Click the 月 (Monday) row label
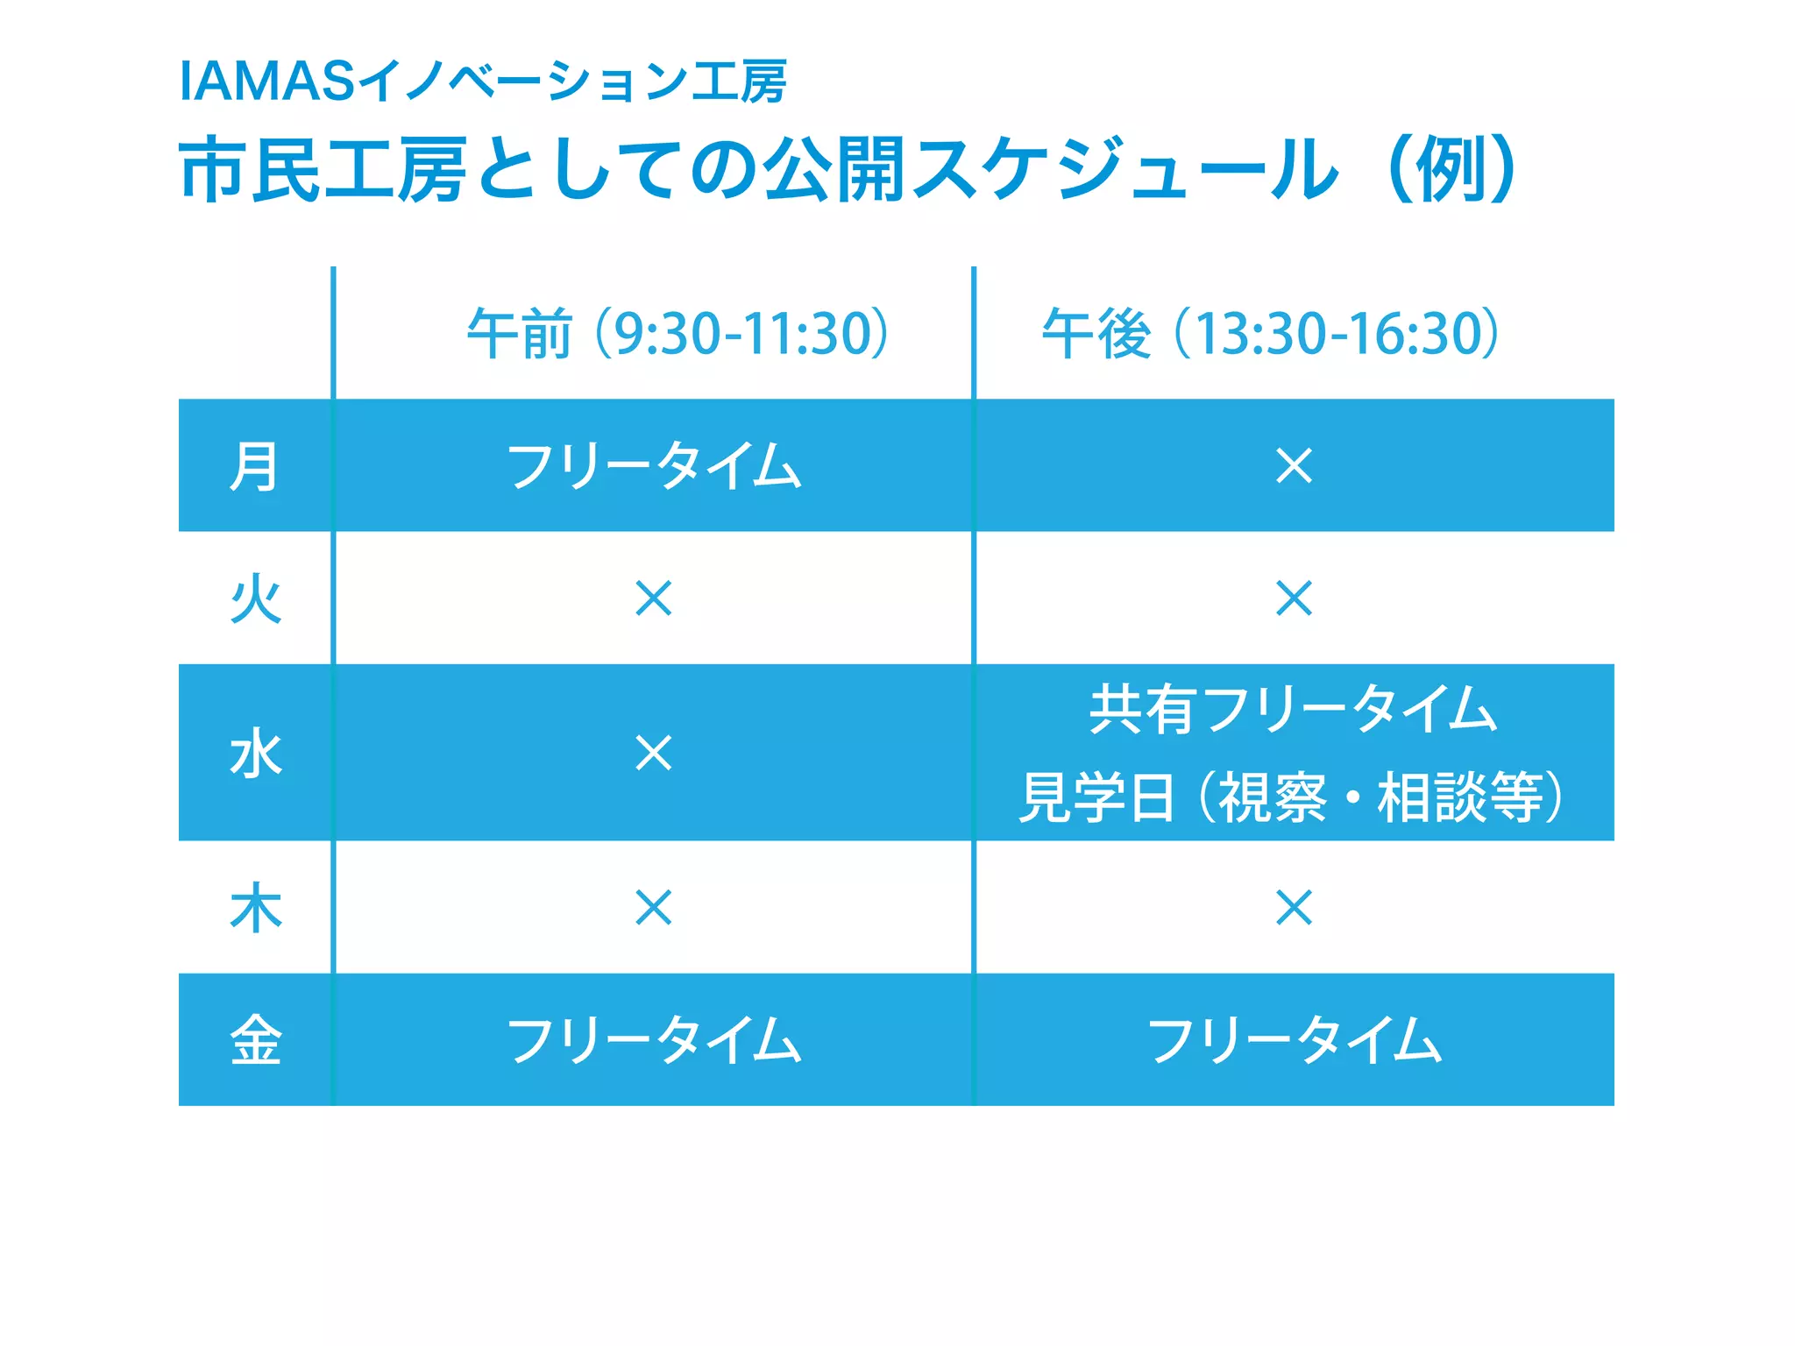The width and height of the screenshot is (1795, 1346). tap(254, 467)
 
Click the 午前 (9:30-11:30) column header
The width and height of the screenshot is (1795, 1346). tap(678, 334)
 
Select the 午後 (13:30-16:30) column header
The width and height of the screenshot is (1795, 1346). tap(1270, 334)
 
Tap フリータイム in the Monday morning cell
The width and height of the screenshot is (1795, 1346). tap(654, 466)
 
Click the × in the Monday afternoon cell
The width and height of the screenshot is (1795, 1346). tap(1294, 466)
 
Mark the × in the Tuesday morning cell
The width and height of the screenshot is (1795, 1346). tap(654, 599)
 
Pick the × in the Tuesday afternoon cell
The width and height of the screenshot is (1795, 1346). tap(1294, 599)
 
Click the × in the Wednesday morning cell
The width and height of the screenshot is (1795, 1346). tap(654, 754)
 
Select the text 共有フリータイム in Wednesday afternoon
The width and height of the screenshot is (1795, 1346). tap(1294, 710)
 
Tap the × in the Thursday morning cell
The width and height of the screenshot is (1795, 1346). tap(654, 908)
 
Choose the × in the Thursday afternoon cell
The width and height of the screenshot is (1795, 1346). tap(1294, 908)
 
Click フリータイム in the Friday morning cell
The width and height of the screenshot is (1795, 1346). tap(654, 1040)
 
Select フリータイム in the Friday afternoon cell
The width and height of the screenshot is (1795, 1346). tap(1294, 1040)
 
